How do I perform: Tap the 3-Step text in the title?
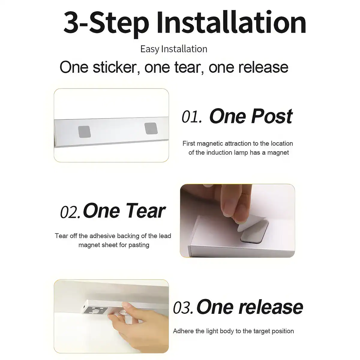[x=106, y=24]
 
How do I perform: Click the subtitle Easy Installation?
[x=174, y=49]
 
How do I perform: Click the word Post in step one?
[x=272, y=116]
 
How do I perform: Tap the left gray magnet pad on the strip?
[x=84, y=131]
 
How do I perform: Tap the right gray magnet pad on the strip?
[x=151, y=128]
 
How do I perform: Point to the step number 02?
[x=70, y=212]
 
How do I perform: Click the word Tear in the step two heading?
[x=147, y=211]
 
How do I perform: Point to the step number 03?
[x=183, y=307]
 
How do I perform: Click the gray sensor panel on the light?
[x=96, y=310]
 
